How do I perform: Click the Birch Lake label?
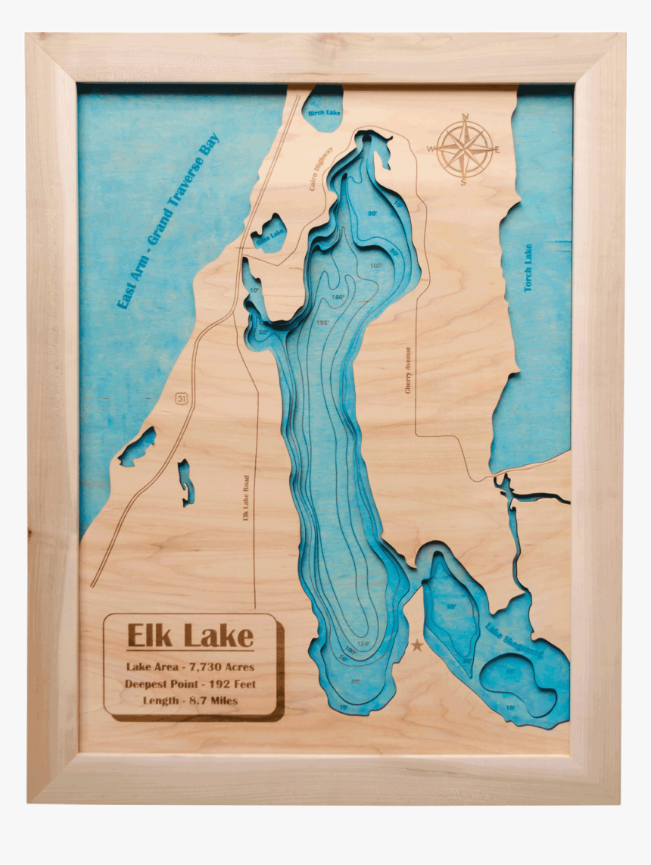point(323,113)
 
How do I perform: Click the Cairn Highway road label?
point(321,167)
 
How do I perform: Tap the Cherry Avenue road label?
point(408,370)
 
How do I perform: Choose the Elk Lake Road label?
point(245,498)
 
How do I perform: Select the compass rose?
point(465,148)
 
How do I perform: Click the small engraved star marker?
point(416,646)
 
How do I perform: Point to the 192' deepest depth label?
point(323,321)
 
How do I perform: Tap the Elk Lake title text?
point(190,635)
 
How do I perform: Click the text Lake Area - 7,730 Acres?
point(190,667)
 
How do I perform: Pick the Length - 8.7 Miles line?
point(190,701)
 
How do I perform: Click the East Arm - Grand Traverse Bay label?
point(167,221)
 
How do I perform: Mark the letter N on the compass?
point(465,117)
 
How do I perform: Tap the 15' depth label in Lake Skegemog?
point(510,671)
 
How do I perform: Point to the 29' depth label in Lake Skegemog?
point(451,607)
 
